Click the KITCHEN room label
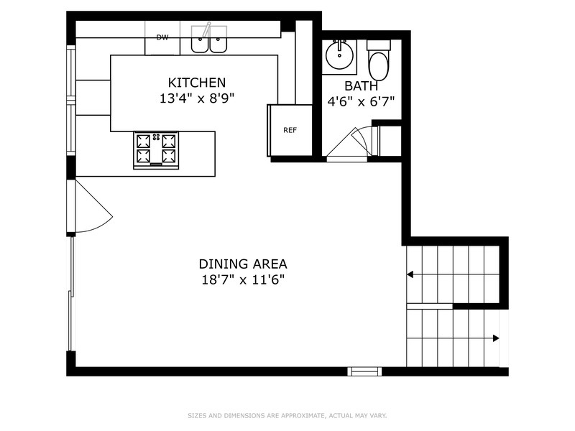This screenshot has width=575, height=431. click(x=196, y=83)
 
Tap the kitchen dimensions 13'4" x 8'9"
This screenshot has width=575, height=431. click(x=196, y=98)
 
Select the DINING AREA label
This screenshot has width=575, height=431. click(x=243, y=264)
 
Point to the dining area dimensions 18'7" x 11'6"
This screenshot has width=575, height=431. click(x=243, y=280)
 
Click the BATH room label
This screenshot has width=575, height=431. click(x=362, y=85)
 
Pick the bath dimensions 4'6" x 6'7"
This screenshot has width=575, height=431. click(x=361, y=101)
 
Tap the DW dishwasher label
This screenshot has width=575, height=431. click(x=162, y=37)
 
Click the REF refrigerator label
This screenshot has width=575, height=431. click(x=290, y=130)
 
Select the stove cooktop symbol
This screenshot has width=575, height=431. click(x=156, y=150)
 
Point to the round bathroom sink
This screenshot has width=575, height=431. click(x=339, y=55)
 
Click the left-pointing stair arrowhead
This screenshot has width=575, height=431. click(x=410, y=274)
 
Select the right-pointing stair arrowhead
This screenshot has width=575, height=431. click(x=496, y=338)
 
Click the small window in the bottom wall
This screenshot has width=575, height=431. click(x=364, y=371)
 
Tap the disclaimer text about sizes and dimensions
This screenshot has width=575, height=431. click(x=287, y=416)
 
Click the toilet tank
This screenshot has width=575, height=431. click(x=379, y=45)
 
